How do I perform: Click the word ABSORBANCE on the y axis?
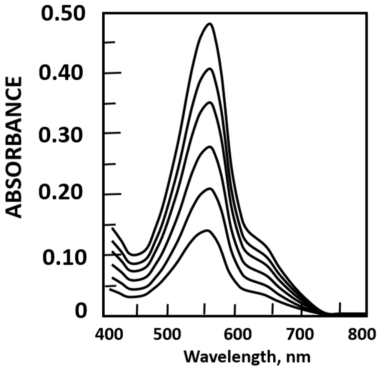pos(16,147)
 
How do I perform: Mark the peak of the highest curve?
pos(210,23)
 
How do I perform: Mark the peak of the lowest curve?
pos(206,230)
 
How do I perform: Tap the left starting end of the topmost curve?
pos(112,228)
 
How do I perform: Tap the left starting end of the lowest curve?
pos(110,289)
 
